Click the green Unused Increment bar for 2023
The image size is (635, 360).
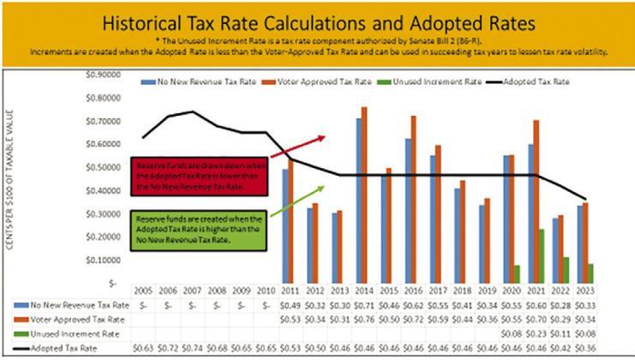pyautogui.click(x=590, y=273)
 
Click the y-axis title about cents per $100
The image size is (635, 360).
pyautogui.click(x=13, y=184)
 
